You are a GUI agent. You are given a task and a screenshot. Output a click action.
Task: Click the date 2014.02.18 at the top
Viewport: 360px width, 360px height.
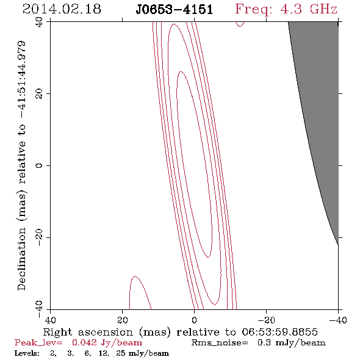point(62,9)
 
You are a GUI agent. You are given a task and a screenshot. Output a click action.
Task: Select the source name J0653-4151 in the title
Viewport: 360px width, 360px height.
point(174,10)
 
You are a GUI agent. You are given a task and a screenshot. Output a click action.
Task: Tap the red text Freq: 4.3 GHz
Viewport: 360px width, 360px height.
point(286,10)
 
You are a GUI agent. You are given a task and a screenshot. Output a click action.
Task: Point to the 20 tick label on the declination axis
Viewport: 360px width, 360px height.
point(39,94)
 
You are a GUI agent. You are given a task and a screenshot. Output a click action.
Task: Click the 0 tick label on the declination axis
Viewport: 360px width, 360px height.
point(39,165)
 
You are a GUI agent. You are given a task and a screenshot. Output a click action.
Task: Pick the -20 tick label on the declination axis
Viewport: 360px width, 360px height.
point(39,237)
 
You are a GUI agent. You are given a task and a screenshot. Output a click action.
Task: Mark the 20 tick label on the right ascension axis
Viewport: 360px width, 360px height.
point(123,320)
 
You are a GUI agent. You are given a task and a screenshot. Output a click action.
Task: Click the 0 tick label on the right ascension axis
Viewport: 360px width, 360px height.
point(195,320)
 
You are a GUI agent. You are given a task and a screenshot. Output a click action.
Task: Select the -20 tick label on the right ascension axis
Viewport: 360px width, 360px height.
point(266,320)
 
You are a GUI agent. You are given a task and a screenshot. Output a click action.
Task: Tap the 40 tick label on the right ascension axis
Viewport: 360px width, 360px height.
point(50,320)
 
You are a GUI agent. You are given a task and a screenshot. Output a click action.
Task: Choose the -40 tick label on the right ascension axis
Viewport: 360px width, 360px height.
point(338,320)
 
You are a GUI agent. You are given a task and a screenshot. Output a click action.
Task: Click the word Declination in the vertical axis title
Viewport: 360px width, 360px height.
point(21,259)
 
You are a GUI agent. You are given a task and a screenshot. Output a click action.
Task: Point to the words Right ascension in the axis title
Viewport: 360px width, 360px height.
point(88,332)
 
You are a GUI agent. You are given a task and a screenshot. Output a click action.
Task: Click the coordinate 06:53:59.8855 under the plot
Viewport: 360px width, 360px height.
point(279,332)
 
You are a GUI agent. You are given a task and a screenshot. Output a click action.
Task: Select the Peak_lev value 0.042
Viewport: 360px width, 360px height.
point(84,342)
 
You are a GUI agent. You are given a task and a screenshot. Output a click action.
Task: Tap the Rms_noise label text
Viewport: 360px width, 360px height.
point(220,343)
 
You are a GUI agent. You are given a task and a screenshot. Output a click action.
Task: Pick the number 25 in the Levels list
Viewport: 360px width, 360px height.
point(121,353)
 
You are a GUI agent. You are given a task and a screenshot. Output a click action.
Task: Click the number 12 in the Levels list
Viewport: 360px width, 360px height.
point(103,353)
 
